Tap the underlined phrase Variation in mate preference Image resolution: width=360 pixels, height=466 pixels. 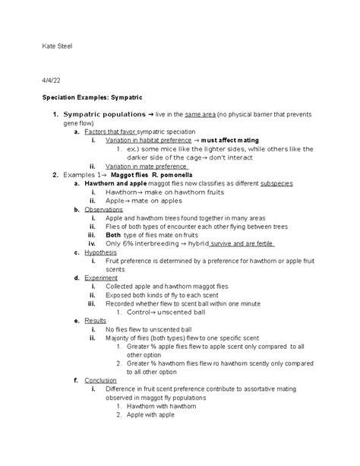coord(146,166)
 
